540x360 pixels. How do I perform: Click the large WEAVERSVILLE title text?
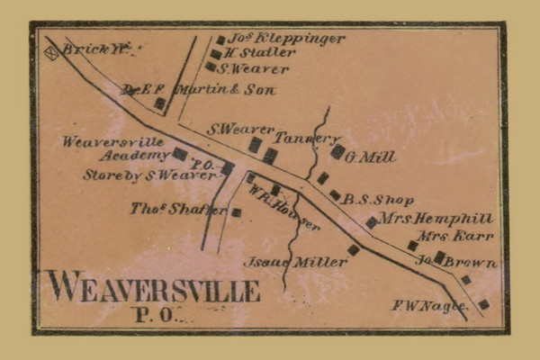coord(153,288)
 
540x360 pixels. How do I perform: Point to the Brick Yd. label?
coord(86,49)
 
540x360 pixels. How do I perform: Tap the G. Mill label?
coord(372,157)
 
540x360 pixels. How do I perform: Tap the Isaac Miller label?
coord(295,262)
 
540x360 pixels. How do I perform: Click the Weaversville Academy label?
coord(113,148)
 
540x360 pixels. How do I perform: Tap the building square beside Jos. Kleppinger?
coord(220,40)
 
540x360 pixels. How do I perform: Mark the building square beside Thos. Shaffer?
coord(237,212)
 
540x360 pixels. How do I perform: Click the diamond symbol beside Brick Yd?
coord(51,53)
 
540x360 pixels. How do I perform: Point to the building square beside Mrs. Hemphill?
coord(371,221)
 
